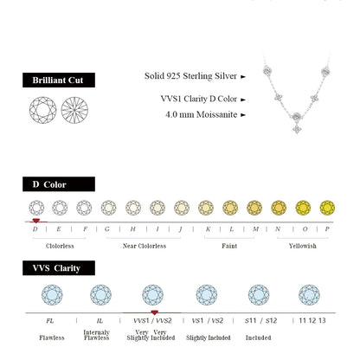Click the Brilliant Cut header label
point(57,80)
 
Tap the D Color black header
point(57,184)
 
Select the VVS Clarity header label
point(57,268)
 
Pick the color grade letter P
point(327,228)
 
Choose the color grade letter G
point(107,228)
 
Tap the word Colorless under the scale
point(60,246)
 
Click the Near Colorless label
point(145,246)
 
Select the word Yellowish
point(302,246)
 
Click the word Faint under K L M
point(229,246)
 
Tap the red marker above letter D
point(35,222)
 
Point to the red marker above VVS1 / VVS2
point(154,312)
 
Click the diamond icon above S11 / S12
point(258,295)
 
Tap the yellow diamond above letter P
point(327,208)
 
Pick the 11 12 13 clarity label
point(309,321)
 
